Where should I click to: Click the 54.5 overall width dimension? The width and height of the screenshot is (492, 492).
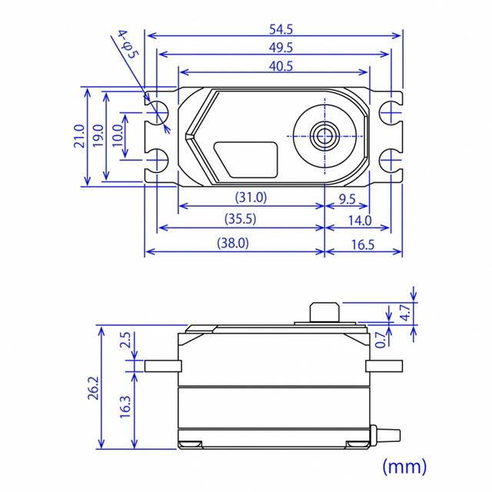tap(281, 29)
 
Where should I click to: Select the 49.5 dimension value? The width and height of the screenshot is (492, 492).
tap(281, 48)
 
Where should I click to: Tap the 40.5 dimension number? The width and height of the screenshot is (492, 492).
tap(281, 66)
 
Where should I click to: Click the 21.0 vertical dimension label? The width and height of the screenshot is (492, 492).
tap(79, 136)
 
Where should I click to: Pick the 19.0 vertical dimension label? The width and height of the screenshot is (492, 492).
tap(98, 135)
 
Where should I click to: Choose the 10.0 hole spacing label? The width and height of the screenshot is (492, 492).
tap(118, 135)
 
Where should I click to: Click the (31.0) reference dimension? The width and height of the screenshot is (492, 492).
tap(251, 198)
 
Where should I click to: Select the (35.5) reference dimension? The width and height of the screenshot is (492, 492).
tap(241, 218)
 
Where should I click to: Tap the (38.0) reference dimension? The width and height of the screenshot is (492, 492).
tap(233, 243)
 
